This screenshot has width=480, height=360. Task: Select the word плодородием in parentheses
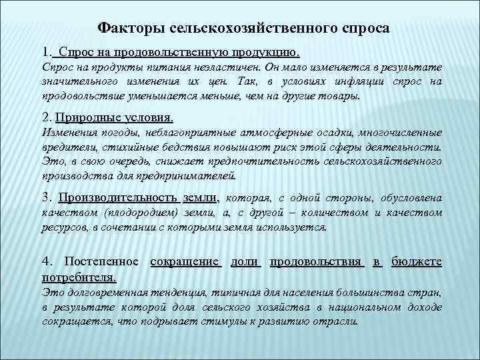point(139,213)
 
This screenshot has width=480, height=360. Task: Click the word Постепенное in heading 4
point(101,262)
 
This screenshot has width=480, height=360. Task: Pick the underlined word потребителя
point(79,276)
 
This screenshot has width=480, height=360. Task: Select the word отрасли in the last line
point(337,320)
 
